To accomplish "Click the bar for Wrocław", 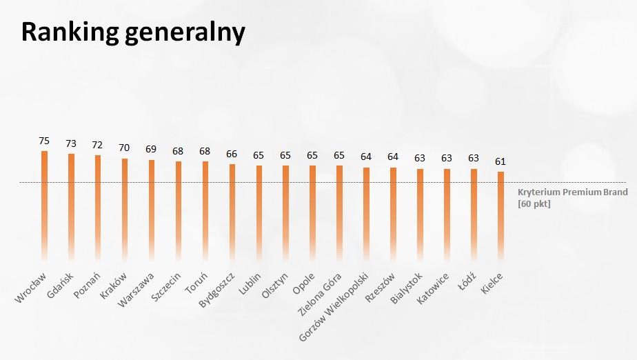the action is coord(44,206).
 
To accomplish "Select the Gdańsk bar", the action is coord(71,207).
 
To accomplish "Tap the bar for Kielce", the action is coord(501,216).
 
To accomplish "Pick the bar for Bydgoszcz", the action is coord(232,212).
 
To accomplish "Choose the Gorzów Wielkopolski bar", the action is coord(367,214).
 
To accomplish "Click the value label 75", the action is coord(44,141).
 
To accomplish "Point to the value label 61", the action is coord(501,161).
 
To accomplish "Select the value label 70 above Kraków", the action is coord(124,148).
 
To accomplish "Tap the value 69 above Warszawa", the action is coord(151,149).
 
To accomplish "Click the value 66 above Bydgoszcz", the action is coord(232,154).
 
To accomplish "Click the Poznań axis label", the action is coord(87,286).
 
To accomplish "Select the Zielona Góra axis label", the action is coord(320,294).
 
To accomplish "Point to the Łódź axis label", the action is coord(467,282).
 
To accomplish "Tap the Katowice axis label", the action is coord(433,288).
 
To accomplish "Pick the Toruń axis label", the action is coord(196,283).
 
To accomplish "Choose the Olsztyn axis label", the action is coord(274,286).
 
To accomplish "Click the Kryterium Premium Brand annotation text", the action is coord(572,192).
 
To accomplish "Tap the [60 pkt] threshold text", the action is coord(534,203).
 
